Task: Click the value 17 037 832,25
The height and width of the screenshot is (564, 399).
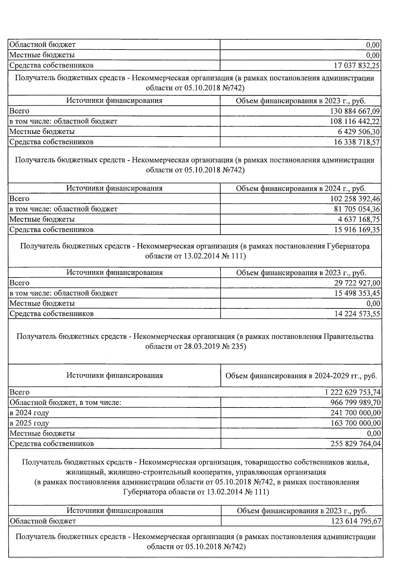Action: [x=356, y=65]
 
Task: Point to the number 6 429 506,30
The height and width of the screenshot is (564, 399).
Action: [x=359, y=132]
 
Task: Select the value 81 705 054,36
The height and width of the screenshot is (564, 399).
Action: [x=357, y=209]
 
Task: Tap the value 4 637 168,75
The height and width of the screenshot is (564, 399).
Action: [x=359, y=219]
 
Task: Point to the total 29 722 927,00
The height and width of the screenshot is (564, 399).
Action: [x=357, y=283]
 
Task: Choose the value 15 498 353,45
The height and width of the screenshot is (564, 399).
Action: [x=357, y=293]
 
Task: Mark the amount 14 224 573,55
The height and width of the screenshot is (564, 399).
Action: [x=357, y=314]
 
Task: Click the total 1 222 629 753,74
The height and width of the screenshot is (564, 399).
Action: [x=353, y=392]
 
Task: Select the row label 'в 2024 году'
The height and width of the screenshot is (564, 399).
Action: [x=29, y=413]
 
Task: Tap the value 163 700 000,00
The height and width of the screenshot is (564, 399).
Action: [x=355, y=423]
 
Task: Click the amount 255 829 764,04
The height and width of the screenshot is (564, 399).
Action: [x=355, y=444]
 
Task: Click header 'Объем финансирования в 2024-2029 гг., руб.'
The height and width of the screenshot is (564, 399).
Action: [x=301, y=376]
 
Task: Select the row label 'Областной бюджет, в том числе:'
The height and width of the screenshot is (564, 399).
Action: [x=65, y=402]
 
